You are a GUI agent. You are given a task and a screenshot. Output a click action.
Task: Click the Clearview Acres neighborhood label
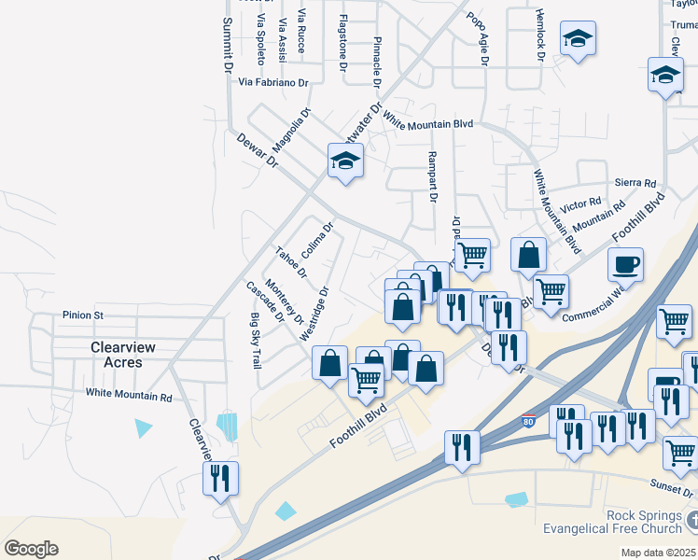pyautogui.click(x=117, y=355)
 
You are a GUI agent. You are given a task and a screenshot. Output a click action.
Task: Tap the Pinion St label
pyautogui.click(x=82, y=315)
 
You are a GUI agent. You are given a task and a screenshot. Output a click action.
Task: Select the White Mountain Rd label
pyautogui.click(x=129, y=397)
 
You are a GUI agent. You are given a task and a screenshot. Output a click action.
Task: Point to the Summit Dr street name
pyautogui.click(x=226, y=45)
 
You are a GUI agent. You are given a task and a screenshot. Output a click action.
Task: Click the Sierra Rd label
pyautogui.click(x=635, y=184)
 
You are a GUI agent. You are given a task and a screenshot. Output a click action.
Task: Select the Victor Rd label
pyautogui.click(x=581, y=203)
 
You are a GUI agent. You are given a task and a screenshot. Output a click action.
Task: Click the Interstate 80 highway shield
pyautogui.click(x=528, y=421)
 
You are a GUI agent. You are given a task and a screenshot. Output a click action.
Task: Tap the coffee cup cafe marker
pyautogui.click(x=625, y=263)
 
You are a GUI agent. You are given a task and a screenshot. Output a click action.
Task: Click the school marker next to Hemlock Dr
pyautogui.click(x=578, y=39)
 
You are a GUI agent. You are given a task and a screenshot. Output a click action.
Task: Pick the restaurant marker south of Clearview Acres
pyautogui.click(x=221, y=479)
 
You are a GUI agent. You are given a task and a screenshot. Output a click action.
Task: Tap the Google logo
pyautogui.click(x=31, y=549)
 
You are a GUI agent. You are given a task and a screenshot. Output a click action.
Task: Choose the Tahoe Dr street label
pyautogui.click(x=290, y=262)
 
